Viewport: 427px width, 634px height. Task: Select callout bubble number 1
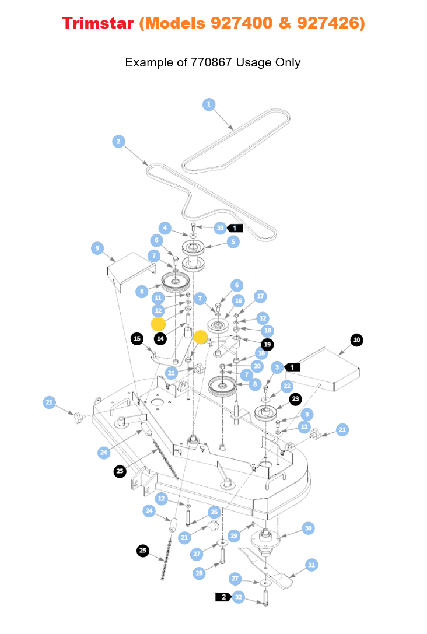209,104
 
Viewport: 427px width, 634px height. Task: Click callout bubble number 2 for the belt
118,141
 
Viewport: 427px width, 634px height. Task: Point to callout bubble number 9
97,248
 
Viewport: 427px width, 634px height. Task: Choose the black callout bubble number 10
356,339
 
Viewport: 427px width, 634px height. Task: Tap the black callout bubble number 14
160,338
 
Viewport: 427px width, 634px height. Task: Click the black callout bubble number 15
137,338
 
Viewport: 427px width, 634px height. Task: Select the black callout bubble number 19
267,344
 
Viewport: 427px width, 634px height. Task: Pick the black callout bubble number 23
296,399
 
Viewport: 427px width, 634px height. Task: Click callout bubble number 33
219,227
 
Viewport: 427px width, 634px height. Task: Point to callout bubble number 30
309,528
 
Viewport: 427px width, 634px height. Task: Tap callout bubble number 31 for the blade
311,565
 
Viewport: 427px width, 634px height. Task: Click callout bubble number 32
238,597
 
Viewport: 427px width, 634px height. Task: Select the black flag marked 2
223,597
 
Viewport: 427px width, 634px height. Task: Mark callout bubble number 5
233,241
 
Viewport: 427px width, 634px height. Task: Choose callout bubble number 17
260,296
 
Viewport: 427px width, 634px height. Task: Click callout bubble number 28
199,573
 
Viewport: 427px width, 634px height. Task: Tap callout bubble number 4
166,227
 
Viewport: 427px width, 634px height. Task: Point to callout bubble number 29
233,535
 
